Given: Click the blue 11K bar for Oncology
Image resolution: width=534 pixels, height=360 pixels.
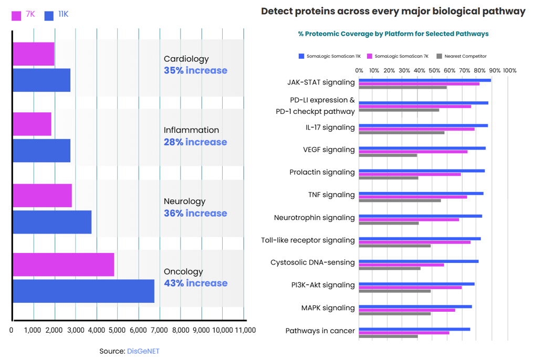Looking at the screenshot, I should coord(83,291).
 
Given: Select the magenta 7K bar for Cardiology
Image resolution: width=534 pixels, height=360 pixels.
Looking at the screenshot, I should coord(33,55).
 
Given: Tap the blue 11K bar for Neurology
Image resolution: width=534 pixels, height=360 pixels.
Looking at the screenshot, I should coord(52,222).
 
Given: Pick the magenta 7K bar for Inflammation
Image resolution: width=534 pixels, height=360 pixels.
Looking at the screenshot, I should coord(32,124).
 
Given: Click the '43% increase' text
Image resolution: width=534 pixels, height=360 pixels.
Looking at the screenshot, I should coord(195,283).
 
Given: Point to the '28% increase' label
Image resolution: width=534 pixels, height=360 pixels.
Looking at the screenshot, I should coord(195,142).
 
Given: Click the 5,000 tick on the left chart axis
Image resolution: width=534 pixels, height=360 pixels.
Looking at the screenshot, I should coord(118,330).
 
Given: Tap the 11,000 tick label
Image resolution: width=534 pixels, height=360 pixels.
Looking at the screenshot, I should coord(245,330).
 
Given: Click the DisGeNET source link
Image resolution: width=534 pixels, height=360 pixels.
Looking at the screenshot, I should coord(143,351).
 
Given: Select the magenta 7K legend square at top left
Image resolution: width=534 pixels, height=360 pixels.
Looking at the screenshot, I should coord(16,15).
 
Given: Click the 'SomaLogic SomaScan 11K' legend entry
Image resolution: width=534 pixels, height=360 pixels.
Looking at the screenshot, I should coord(330,56).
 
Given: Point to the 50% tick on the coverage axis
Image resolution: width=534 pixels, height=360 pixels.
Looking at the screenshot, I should coord(434,70).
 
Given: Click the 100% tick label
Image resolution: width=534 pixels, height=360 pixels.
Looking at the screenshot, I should coord(509,70).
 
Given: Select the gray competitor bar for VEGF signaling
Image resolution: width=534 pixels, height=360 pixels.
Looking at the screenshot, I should coord(388,155).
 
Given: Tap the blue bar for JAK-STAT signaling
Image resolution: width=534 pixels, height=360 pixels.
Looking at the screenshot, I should coord(425,80).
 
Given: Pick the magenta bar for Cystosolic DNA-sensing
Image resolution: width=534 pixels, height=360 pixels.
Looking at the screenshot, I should coord(401,264).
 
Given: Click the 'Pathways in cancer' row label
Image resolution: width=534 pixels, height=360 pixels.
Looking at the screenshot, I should coord(320,331).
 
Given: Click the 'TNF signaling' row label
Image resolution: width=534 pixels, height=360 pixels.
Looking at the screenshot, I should coord(331,195).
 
